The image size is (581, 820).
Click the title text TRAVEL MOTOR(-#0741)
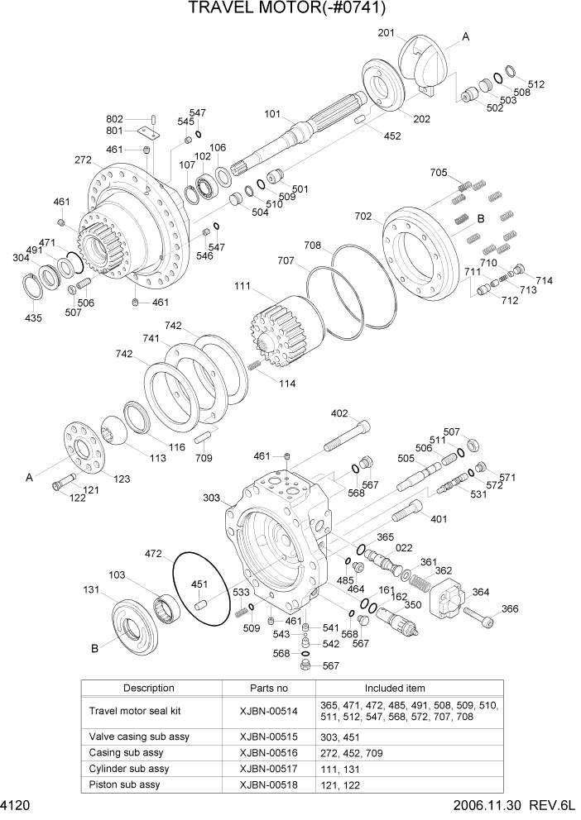287,9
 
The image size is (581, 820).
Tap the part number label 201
386,32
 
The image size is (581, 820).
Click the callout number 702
363,216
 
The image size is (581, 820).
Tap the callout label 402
339,413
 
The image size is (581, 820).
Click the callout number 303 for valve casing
211,498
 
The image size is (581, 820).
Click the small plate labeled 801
149,131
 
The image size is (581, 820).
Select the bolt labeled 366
479,614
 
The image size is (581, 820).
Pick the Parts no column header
269,688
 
